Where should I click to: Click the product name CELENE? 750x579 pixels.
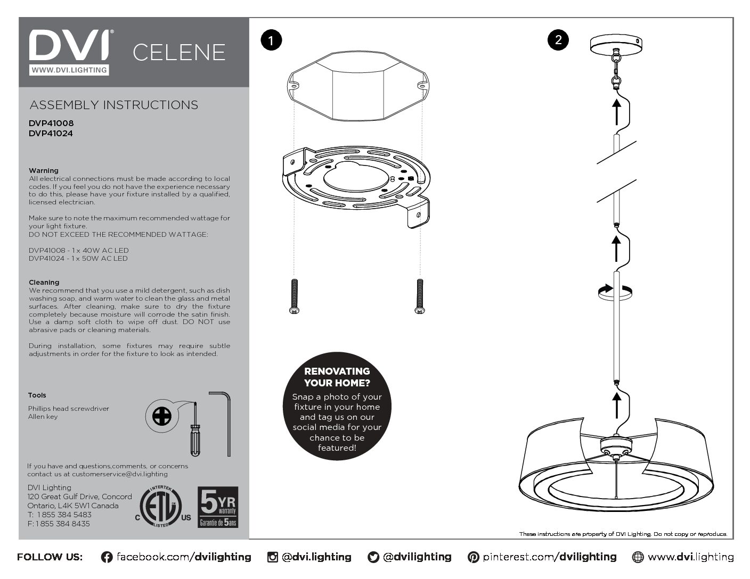179,52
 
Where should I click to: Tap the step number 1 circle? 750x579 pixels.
271,41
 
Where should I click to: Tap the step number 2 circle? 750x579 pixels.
558,40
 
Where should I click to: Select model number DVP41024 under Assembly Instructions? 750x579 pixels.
51,134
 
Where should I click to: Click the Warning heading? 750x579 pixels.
44,171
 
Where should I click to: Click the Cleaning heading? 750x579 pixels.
44,283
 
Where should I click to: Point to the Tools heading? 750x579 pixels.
37,395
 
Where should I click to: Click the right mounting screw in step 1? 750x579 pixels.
420,296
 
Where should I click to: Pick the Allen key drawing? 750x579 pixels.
224,423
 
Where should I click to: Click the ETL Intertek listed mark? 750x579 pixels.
161,506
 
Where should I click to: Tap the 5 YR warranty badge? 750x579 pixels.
218,507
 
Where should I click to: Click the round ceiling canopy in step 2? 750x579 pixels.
616,44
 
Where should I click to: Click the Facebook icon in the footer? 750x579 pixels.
107,557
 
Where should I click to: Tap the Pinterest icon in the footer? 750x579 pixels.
473,557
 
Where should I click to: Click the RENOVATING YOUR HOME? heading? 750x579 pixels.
337,377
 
